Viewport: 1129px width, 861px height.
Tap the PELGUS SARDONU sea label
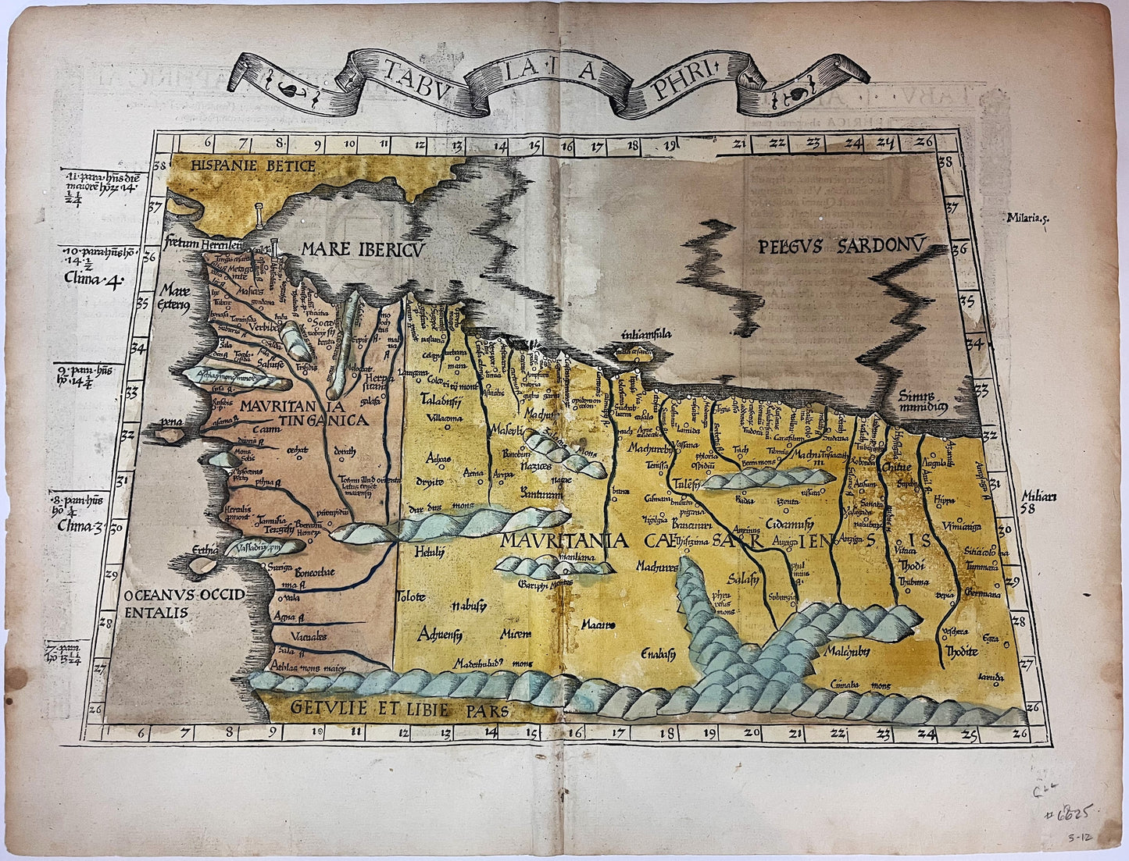coord(841,247)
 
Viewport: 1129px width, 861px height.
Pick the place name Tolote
coord(411,597)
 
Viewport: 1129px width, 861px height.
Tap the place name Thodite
coord(961,651)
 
